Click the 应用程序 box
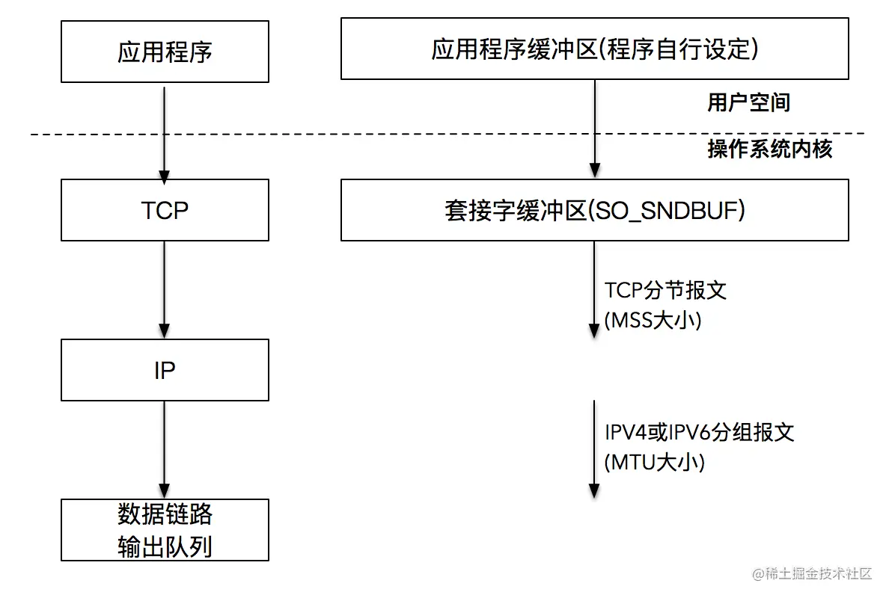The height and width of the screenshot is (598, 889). click(x=165, y=52)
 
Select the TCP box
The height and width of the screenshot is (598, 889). click(x=165, y=210)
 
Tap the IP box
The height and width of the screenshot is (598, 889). click(x=165, y=370)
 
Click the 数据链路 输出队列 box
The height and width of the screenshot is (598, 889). click(x=165, y=530)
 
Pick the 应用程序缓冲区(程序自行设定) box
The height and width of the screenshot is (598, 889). click(x=594, y=49)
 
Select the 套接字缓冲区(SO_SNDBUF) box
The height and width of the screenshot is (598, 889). click(x=594, y=210)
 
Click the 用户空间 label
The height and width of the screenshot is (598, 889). click(x=748, y=102)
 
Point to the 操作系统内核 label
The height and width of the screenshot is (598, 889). click(x=769, y=149)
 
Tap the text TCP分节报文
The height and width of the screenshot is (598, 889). click(x=665, y=290)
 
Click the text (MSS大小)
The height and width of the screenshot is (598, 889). click(x=653, y=320)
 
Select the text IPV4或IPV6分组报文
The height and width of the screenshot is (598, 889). click(x=699, y=432)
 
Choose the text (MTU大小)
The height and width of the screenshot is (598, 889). click(x=655, y=462)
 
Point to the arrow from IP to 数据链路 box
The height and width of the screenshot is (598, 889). click(x=165, y=449)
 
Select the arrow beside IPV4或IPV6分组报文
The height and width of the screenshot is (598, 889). click(x=594, y=449)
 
